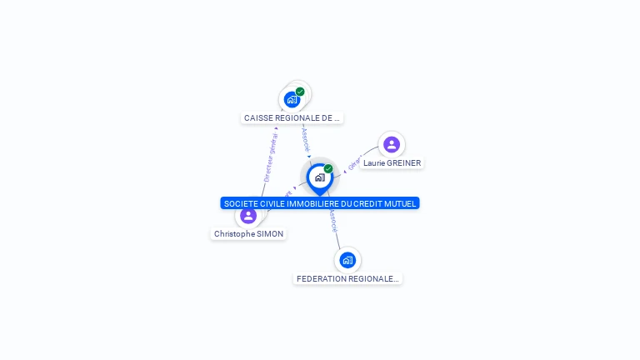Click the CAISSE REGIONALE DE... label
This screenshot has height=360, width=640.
click(x=292, y=118)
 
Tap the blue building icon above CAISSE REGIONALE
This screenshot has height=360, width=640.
click(x=292, y=100)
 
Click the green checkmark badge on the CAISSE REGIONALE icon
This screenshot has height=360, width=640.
click(x=300, y=92)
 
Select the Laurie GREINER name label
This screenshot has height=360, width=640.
click(x=392, y=163)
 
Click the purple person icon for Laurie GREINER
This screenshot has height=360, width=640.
click(x=392, y=145)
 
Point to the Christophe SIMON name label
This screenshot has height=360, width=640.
click(x=248, y=234)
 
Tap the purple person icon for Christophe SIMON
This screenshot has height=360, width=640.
click(x=248, y=216)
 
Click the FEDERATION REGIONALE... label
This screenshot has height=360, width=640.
click(x=347, y=278)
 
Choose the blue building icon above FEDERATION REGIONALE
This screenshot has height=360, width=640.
click(x=347, y=260)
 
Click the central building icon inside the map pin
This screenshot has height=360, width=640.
click(x=319, y=177)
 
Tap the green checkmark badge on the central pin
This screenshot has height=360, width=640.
click(x=328, y=168)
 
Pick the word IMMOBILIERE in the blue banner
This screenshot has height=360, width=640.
click(x=310, y=203)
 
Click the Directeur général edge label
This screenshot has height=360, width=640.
click(x=270, y=157)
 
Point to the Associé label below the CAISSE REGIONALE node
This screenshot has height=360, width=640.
click(x=306, y=137)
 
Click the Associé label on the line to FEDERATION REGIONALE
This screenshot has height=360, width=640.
click(x=332, y=220)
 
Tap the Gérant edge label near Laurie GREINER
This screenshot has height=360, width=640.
click(x=352, y=163)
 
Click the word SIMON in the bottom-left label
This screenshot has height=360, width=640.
click(x=271, y=234)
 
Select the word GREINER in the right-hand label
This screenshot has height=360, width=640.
click(x=404, y=163)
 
